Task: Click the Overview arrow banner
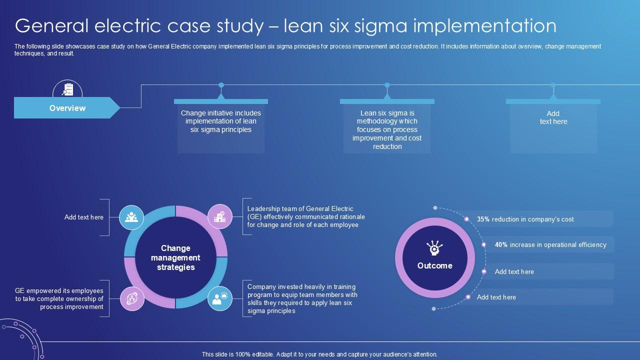[x=67, y=108]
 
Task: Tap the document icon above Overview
[x=67, y=89]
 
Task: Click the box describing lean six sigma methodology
[x=387, y=129]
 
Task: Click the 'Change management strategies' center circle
[x=175, y=257]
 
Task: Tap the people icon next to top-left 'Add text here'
[x=132, y=217]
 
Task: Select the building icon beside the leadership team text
[x=220, y=216]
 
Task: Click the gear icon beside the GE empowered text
[x=132, y=298]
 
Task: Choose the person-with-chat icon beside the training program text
[x=220, y=298]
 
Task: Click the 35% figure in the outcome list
[x=483, y=219]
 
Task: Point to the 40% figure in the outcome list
[x=501, y=245]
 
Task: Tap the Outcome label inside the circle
[x=434, y=266]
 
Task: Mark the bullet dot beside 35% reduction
[x=466, y=219]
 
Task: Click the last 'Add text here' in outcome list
[x=496, y=297]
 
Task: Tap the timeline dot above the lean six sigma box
[x=387, y=85]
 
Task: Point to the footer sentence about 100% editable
[x=319, y=354]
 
